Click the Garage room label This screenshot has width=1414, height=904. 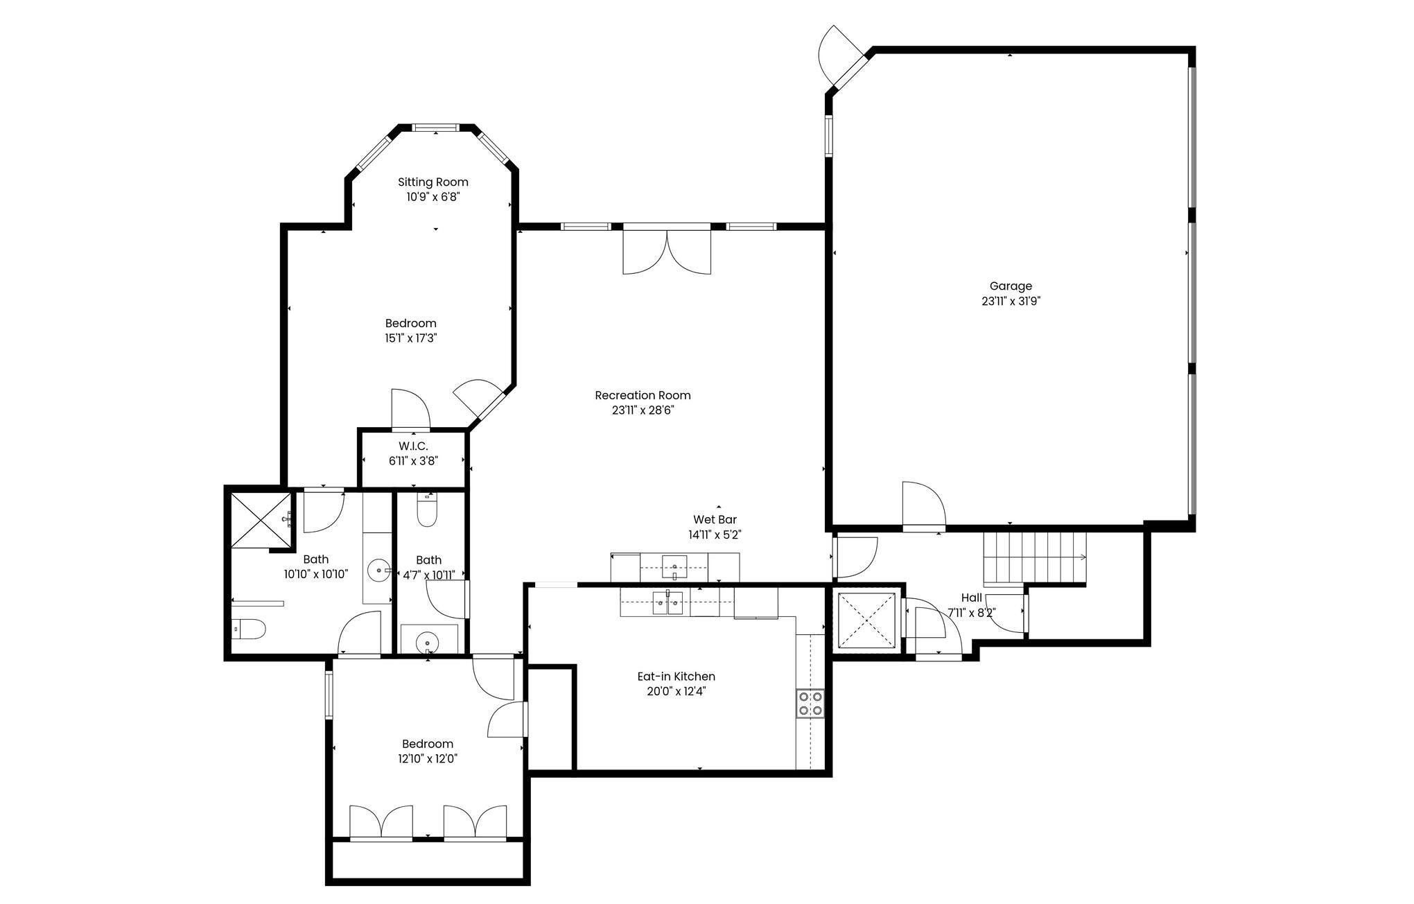[x=1011, y=286]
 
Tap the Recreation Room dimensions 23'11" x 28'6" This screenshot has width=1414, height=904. [x=643, y=410]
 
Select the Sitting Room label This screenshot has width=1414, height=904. [x=433, y=182]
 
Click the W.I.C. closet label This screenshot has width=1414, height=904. [x=413, y=446]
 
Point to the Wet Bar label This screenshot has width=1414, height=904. [x=715, y=520]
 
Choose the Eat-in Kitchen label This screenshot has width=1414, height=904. [x=676, y=677]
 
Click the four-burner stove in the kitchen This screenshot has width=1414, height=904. [x=810, y=703]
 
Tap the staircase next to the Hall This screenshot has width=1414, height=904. [x=1035, y=558]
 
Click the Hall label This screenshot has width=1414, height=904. [x=971, y=598]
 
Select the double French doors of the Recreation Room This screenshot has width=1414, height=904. [x=667, y=250]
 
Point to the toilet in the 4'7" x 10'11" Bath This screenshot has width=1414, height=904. [x=427, y=510]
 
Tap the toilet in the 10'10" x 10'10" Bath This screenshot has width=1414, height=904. [x=249, y=629]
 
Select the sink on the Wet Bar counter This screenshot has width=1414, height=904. [x=674, y=566]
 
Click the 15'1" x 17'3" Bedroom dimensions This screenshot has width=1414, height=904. [x=411, y=338]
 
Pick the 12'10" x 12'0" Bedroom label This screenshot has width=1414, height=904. [x=428, y=745]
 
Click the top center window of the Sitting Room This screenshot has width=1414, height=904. [x=435, y=128]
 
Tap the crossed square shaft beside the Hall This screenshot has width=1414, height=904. [x=866, y=621]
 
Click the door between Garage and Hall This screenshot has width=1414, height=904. [x=923, y=507]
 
